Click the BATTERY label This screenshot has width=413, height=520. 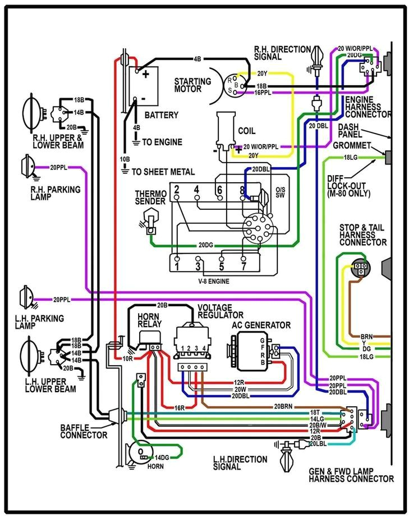(161, 115)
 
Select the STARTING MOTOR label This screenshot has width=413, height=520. (192, 85)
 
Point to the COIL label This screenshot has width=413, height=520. (246, 131)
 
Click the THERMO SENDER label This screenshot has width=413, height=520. (150, 197)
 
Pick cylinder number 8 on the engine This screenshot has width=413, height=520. (242, 190)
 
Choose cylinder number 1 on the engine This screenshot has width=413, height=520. (177, 265)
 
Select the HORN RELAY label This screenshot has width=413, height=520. (149, 321)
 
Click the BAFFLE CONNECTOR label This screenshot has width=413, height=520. (84, 431)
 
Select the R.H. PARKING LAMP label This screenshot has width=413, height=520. (55, 193)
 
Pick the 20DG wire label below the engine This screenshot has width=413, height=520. (205, 245)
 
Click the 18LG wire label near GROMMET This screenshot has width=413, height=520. (350, 158)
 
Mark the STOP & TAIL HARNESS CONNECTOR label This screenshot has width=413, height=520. (362, 235)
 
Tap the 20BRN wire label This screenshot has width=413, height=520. (284, 406)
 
